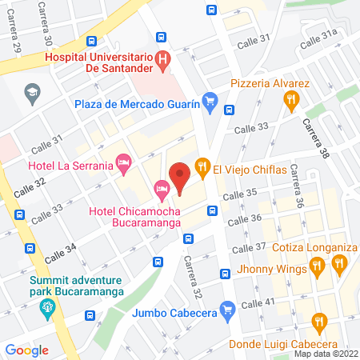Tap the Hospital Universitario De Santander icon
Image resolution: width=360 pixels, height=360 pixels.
[x=163, y=58]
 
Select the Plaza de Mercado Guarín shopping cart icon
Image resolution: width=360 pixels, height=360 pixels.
[x=210, y=100]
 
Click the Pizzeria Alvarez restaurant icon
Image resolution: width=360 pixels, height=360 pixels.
[x=291, y=99]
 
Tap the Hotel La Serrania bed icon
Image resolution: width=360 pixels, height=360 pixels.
[x=123, y=163]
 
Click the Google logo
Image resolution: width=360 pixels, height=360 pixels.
[x=26, y=350]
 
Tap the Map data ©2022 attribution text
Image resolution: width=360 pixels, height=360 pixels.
[x=325, y=353]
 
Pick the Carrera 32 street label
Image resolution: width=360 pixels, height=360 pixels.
[x=189, y=272]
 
